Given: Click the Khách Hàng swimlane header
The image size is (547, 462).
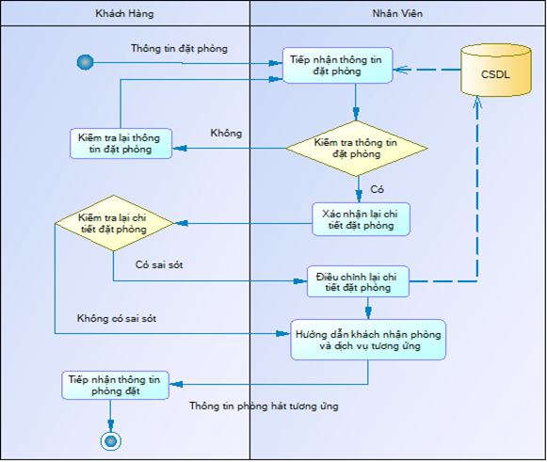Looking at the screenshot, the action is point(125,13).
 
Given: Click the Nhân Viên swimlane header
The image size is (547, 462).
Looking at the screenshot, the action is point(397,13).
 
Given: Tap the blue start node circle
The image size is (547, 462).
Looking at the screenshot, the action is point(85,62).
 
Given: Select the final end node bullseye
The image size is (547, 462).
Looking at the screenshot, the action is point(111,441).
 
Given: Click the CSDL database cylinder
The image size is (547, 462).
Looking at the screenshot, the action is point(496,70).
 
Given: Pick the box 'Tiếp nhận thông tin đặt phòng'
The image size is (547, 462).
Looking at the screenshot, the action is point(337,65).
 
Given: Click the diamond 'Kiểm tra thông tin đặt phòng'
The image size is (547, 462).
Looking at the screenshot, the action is point(356,148).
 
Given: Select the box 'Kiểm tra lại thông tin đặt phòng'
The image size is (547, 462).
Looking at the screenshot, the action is point(121,143).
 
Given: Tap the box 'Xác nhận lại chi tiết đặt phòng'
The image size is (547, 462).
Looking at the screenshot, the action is point(361,219).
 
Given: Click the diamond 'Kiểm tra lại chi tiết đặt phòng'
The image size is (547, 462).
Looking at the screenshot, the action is point(114,223).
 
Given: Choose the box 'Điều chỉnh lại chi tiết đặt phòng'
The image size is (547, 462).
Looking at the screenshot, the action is point(358,281).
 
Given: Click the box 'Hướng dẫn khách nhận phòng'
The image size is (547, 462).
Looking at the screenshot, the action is point(368,340).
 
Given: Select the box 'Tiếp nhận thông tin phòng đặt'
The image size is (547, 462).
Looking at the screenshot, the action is point(115,385).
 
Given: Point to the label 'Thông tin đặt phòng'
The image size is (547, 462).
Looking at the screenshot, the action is point(179,48).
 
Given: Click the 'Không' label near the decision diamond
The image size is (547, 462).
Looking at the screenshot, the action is point(226,133).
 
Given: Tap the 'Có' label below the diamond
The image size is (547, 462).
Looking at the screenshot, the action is point(377,189).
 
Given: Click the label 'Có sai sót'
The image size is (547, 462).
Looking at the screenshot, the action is point(159,264).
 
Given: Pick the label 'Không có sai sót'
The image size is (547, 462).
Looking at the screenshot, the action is point(117,318).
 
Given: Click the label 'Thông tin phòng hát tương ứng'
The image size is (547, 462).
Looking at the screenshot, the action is point(264,406).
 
